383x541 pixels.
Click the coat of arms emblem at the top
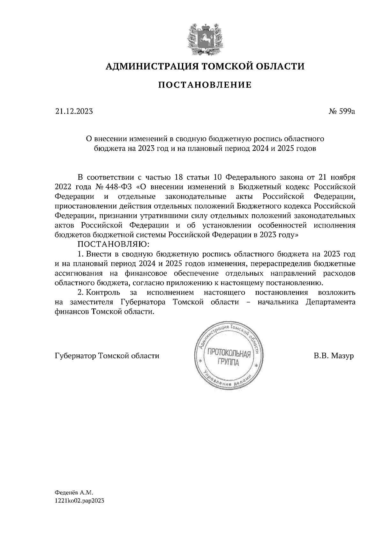coord(205,38)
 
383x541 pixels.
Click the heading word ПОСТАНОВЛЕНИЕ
coord(205,85)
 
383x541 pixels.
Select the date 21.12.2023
coord(74,112)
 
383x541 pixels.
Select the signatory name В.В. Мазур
coord(334,356)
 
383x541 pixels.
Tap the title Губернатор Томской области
coord(107,356)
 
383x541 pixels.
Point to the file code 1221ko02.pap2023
coord(79,501)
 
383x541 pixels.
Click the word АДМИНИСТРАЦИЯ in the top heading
coord(148,66)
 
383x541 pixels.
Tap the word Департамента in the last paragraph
coord(330,302)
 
